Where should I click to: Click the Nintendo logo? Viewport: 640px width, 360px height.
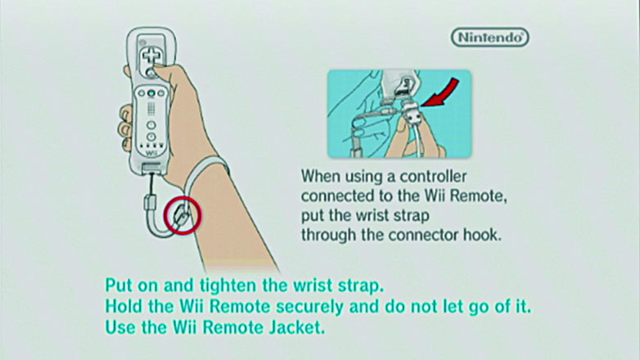tap(489, 38)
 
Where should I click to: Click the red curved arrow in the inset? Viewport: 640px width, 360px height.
tap(440, 93)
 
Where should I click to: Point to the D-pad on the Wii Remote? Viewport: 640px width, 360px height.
tap(151, 56)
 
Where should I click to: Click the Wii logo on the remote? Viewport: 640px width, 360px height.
tap(151, 154)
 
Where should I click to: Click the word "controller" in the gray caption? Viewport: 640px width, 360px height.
tap(433, 177)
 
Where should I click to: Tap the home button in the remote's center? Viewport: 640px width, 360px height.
tap(151, 93)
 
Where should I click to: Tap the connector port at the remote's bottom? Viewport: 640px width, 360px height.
tap(151, 168)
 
